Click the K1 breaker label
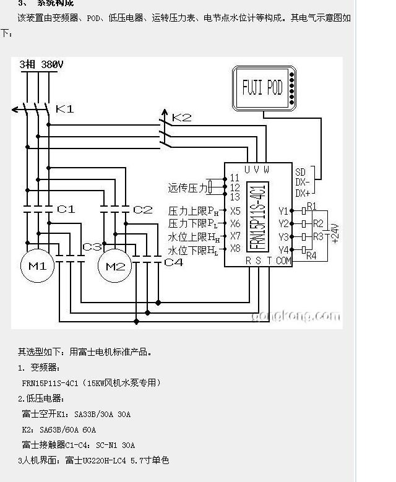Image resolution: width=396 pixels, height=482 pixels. (65, 110)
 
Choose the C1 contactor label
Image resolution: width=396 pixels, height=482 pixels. (66, 210)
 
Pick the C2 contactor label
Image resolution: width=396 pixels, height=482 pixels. (142, 210)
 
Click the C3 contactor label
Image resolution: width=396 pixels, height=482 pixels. (92, 247)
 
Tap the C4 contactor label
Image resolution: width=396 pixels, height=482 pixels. (173, 262)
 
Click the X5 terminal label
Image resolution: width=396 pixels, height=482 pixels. (235, 211)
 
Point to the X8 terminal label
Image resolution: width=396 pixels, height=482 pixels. (235, 249)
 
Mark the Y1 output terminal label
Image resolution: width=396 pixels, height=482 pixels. (283, 211)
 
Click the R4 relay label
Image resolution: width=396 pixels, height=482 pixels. (311, 256)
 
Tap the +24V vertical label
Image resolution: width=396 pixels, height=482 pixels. (335, 233)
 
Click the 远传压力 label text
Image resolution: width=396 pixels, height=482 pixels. (187, 187)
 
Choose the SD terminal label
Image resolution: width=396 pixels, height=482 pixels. (301, 171)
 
